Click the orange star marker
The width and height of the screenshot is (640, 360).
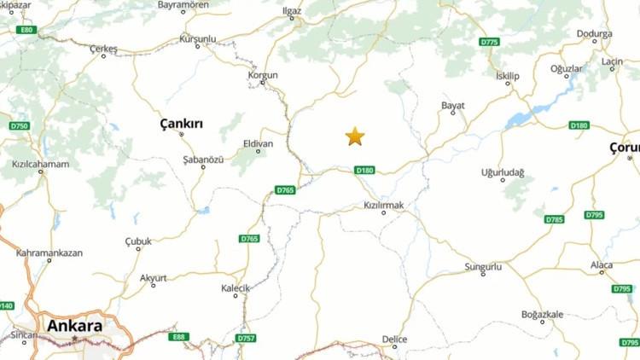pos(355,136)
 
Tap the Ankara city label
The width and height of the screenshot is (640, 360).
pos(75,326)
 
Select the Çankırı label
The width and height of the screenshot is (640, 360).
pos(182,124)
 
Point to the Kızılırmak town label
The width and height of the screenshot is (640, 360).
pos(383,206)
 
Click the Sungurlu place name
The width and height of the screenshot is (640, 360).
pos(483,267)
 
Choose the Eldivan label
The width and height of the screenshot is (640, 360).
pos(258,143)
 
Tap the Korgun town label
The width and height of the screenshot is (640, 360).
pos(263,75)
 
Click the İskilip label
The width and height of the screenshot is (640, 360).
pos(508,76)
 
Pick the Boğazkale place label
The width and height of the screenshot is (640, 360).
pos(543,315)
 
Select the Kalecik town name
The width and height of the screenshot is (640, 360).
pos(236,288)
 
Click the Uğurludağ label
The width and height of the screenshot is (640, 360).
pos(503,172)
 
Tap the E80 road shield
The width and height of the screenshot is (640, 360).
pos(26,30)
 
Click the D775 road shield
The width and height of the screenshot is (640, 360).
pos(489,42)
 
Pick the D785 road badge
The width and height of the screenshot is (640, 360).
pos(555,219)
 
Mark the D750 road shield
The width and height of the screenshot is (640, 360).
pos(19,126)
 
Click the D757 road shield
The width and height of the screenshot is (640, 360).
pos(246,339)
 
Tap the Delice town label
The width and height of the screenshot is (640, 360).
pos(394,339)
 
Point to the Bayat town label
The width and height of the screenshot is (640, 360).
pos(453,105)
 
